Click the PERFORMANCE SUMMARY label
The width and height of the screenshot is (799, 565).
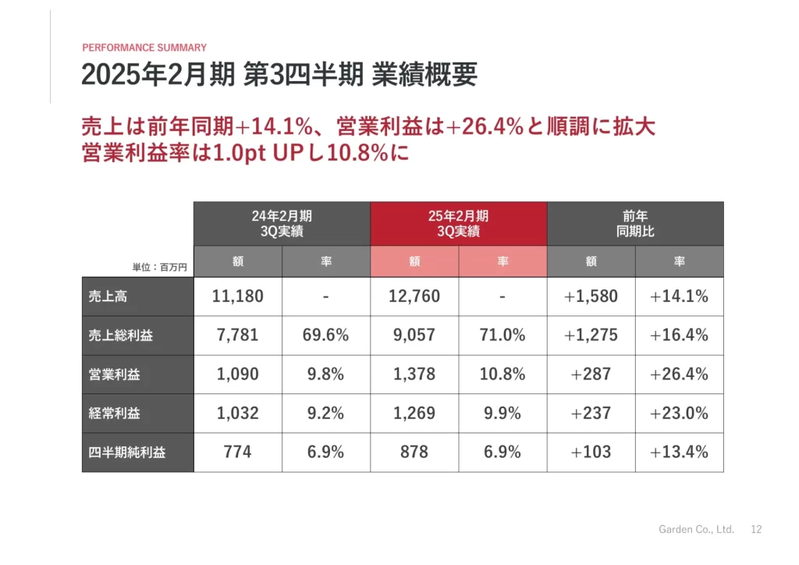(x=144, y=48)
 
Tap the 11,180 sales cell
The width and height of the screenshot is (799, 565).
(x=238, y=297)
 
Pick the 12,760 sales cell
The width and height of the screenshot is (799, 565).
(x=414, y=297)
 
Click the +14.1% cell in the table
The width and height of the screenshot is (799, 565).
(x=679, y=297)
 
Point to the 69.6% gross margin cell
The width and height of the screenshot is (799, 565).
(x=325, y=336)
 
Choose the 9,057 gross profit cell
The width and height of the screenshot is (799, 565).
(x=414, y=336)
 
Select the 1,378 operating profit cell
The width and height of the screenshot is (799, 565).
(x=414, y=375)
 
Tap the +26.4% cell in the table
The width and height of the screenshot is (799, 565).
(x=679, y=375)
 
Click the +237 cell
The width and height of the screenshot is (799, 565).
(x=591, y=414)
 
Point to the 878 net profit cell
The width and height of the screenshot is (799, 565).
(x=414, y=453)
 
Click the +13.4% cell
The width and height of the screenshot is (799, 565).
(x=679, y=453)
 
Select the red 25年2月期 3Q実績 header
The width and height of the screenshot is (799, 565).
(x=458, y=224)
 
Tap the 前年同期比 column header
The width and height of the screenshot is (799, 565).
(x=635, y=224)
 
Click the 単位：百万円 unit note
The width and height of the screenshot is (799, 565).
(x=160, y=267)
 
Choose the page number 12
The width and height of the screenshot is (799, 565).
(x=756, y=529)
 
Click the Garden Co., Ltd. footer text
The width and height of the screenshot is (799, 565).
(x=697, y=529)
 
